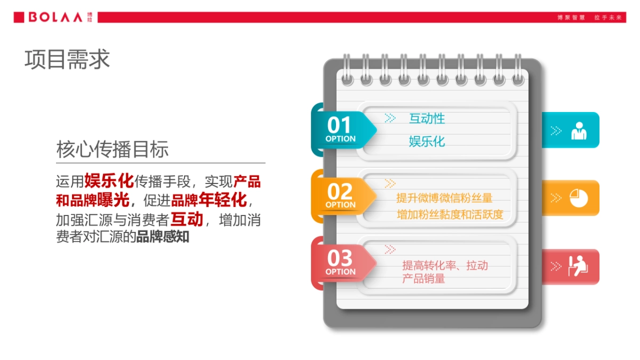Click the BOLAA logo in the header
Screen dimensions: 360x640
pos(53,17)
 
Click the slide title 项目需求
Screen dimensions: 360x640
pos(67,59)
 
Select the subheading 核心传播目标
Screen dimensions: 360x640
pos(113,149)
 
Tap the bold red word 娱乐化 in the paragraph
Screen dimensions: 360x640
pos(109,181)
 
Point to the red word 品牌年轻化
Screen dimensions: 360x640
pos(209,201)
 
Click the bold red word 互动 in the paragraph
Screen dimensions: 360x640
pos(187,219)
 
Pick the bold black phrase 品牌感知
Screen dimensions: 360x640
pos(163,237)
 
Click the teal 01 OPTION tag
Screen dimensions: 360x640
pos(341,130)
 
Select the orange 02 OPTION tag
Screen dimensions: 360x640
pos(341,196)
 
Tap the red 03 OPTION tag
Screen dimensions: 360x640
pos(341,262)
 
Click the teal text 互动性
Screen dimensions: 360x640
pos(427,118)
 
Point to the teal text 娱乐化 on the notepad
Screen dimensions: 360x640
pos(427,141)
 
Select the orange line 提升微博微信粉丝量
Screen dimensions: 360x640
pos(444,198)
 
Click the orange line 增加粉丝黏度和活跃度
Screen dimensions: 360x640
pos(450,215)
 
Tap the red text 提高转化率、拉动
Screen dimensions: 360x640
pos(445,266)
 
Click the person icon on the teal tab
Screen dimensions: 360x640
pos(579,131)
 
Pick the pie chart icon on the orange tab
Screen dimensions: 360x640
pos(579,198)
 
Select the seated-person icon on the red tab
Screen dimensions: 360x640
pos(578,266)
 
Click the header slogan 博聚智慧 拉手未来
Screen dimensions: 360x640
pos(589,18)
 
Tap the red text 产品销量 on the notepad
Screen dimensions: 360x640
pos(423,278)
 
